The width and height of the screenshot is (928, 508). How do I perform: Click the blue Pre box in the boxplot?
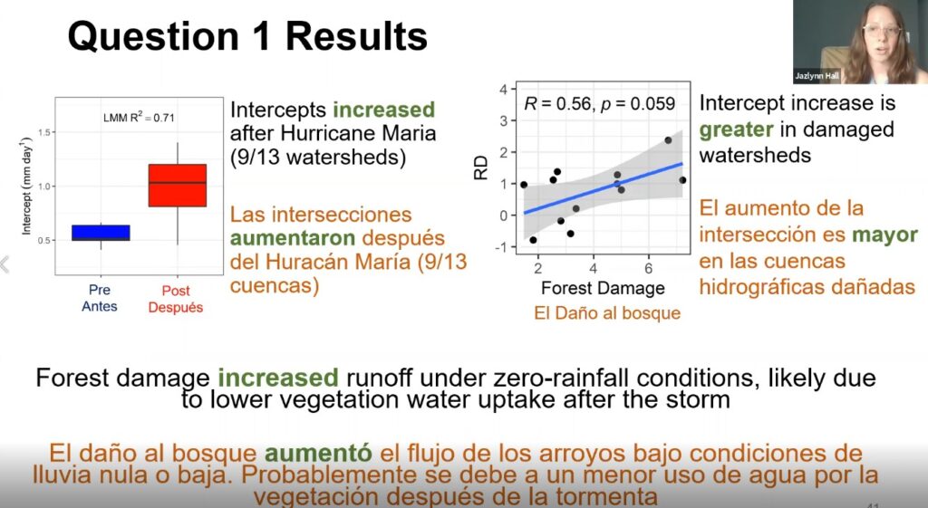point(101,233)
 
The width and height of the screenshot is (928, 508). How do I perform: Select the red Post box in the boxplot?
point(178,185)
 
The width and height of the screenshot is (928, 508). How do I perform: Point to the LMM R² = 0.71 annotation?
point(139,117)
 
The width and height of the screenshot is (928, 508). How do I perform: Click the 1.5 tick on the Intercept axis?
point(44,132)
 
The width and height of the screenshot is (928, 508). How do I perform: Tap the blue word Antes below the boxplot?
point(100,306)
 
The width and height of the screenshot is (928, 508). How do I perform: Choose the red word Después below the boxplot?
point(176,308)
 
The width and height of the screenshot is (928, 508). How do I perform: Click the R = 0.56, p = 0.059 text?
point(600,104)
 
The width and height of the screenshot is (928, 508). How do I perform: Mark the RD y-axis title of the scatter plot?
point(480,168)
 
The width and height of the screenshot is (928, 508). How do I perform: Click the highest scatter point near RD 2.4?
point(668,140)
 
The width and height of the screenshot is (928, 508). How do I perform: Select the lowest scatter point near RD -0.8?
point(533,240)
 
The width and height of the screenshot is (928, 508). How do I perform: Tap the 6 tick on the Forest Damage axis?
point(649,269)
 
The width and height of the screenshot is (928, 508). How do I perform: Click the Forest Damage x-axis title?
point(603,288)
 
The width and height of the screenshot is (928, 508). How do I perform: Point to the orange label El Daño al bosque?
point(607,312)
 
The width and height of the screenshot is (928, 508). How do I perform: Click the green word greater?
point(736,129)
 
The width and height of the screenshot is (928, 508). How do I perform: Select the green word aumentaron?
point(293,238)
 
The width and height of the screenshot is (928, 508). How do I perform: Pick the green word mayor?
point(884,235)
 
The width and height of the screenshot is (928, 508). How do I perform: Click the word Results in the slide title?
point(356,36)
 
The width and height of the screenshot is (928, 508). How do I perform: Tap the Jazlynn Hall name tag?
point(817,76)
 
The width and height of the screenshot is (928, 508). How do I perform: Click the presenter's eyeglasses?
point(881,30)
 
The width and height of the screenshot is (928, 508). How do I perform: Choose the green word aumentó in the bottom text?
point(318,454)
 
